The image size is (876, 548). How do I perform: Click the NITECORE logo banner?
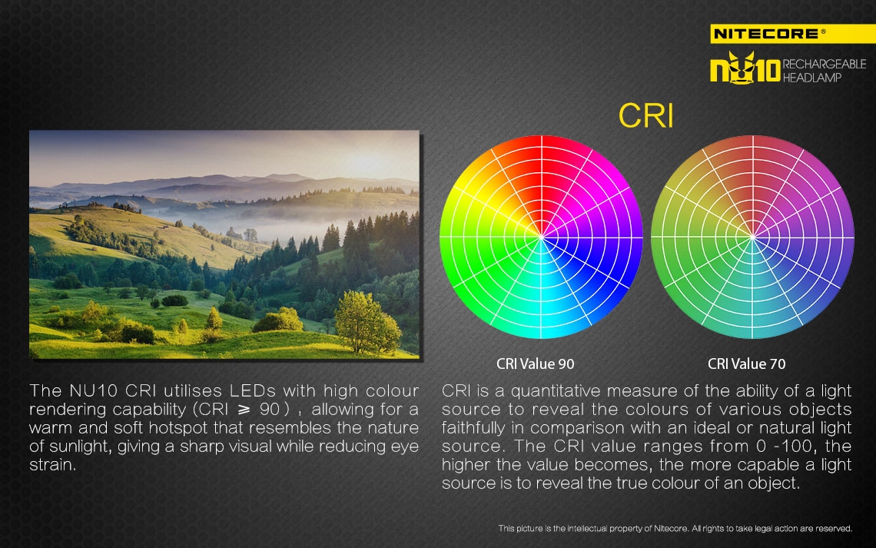click(x=793, y=34)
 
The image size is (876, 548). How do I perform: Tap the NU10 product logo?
click(x=745, y=68)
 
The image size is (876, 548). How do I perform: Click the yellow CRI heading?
click(x=645, y=115)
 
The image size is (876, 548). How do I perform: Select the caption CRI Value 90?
click(x=536, y=364)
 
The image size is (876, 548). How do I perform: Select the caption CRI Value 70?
click(x=746, y=364)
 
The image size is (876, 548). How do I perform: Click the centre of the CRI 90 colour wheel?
click(x=542, y=237)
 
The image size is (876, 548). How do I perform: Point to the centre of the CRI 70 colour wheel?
click(x=752, y=237)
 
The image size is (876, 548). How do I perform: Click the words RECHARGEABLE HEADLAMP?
click(x=824, y=71)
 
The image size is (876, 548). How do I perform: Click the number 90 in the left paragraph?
click(x=269, y=410)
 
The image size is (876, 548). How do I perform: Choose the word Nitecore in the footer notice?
click(x=671, y=529)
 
